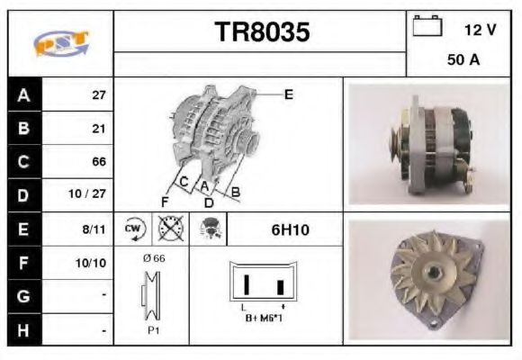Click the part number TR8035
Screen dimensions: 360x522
coord(263,32)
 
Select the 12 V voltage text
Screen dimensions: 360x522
coord(480,30)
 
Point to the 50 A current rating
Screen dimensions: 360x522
coord(463,62)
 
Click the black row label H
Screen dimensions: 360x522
coord(24,329)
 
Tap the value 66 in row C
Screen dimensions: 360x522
coord(99,162)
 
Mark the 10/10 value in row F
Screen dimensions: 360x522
coord(94,263)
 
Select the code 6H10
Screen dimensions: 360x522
coord(291,229)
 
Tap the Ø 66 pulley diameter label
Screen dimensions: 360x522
coord(153,258)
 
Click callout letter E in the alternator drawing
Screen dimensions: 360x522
coord(289,94)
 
